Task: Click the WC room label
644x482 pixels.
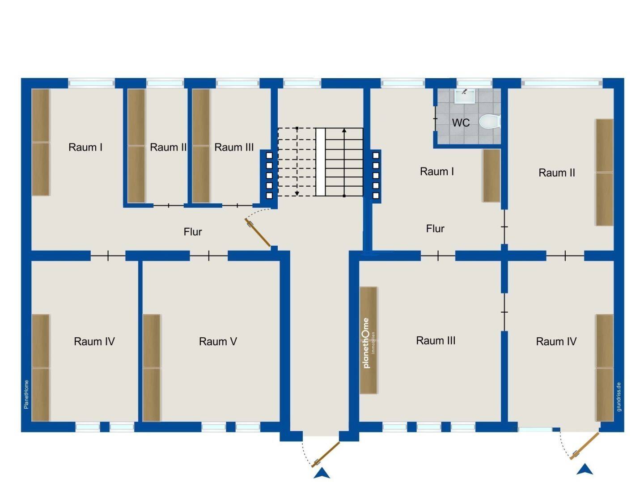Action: click(461, 122)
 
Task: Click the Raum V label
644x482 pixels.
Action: click(218, 342)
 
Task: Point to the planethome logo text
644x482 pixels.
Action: click(367, 343)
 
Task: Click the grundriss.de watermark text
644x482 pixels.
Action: click(619, 397)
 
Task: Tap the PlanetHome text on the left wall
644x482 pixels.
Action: click(26, 394)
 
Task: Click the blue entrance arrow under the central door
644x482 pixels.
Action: click(322, 474)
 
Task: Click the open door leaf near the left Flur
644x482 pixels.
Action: click(258, 232)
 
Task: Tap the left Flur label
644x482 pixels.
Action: click(193, 232)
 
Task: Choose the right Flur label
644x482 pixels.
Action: click(435, 229)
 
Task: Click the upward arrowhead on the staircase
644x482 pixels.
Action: click(344, 131)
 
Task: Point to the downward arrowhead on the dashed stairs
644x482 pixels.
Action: click(297, 193)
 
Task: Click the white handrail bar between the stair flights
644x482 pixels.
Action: click(320, 162)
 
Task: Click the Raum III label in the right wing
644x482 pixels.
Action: click(436, 341)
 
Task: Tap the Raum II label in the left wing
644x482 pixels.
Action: click(168, 147)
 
